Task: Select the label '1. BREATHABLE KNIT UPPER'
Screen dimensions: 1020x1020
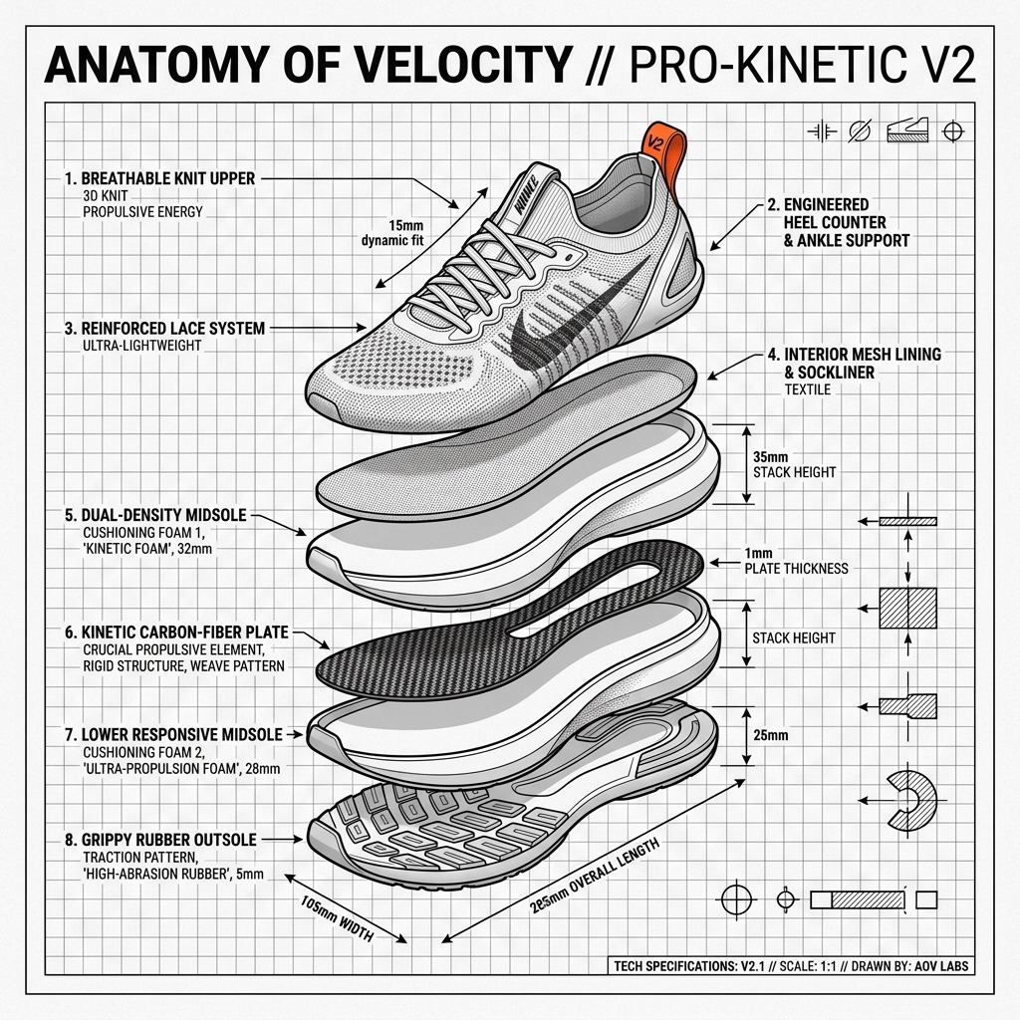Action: [160, 178]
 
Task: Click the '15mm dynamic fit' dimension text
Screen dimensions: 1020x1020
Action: [392, 233]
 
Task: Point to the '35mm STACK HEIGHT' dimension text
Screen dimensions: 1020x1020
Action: [794, 464]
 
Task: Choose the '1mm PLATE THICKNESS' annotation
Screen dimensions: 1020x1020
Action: [796, 561]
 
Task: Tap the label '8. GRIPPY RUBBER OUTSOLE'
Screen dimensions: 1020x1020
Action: [160, 840]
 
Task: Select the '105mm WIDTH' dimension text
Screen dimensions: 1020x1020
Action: [337, 918]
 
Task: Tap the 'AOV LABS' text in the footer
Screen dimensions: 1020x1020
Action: [941, 966]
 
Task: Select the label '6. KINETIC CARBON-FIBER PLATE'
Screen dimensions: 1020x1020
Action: [176, 633]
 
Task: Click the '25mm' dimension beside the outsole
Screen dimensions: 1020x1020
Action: [771, 736]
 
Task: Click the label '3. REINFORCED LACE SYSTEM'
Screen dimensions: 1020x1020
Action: [164, 329]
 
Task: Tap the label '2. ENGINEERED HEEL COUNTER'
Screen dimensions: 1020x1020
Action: [826, 213]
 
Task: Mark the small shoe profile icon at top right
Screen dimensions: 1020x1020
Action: [907, 130]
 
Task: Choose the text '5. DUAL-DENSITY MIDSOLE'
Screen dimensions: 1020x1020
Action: [155, 515]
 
